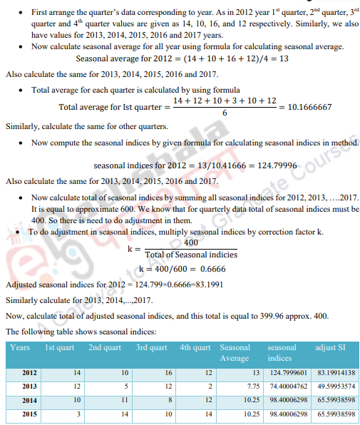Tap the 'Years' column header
coord(20,347)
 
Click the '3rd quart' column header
coord(151,347)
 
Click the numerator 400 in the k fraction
coord(190,243)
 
